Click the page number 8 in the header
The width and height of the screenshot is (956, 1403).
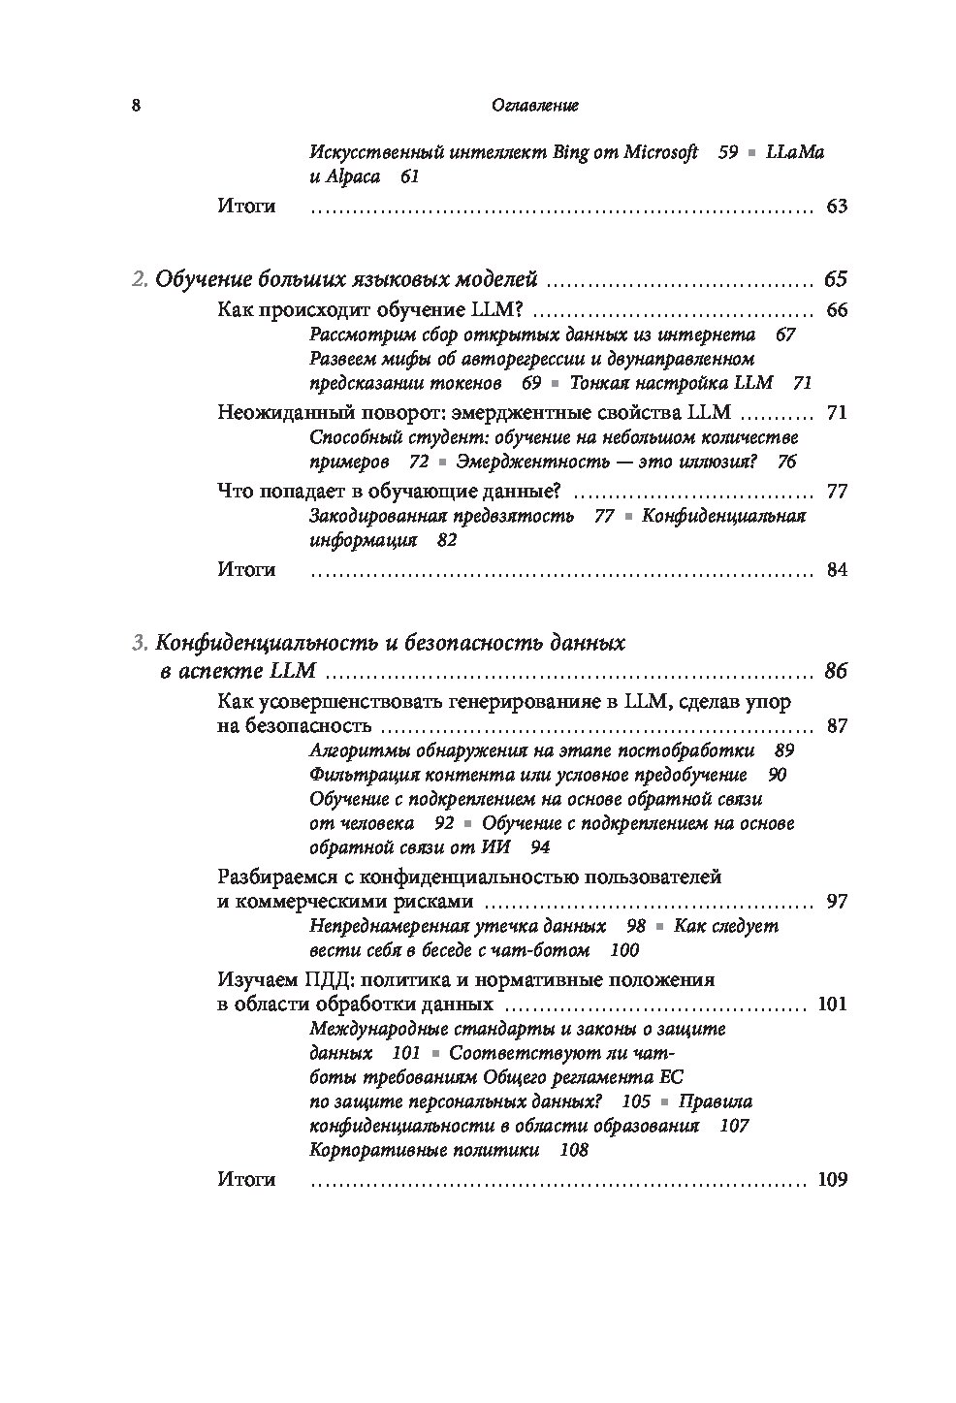[136, 106]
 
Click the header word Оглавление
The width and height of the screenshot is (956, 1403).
[535, 106]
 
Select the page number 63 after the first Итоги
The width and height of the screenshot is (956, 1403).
[837, 207]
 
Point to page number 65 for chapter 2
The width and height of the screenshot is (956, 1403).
[836, 280]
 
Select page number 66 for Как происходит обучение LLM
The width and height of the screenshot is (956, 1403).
[836, 311]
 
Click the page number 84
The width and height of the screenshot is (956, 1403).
[837, 570]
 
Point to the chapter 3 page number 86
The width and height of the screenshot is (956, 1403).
[836, 672]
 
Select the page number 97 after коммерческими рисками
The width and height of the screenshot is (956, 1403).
[837, 902]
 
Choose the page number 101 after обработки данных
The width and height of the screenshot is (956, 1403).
[833, 1004]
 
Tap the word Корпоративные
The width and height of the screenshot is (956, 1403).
[372, 1151]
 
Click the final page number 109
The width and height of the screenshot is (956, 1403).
[833, 1180]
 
